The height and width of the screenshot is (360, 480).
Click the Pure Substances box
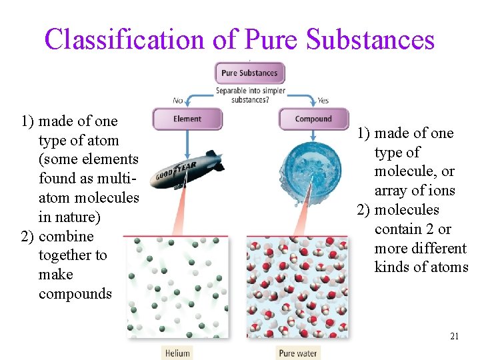coord(250,73)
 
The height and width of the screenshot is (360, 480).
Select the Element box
coord(187,119)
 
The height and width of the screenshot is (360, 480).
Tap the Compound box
coord(313,119)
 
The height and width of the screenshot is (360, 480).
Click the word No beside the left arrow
coord(178,101)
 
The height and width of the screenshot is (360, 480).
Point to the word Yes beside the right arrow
coord(323,101)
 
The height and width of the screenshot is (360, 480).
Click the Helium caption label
coord(177,353)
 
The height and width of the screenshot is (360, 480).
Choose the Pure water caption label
coord(298,353)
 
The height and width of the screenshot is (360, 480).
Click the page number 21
coord(455,337)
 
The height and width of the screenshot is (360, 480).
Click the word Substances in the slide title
coord(370,40)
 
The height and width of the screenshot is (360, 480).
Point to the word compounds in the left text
coord(75,294)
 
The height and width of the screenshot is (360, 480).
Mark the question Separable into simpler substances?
coord(250,95)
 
